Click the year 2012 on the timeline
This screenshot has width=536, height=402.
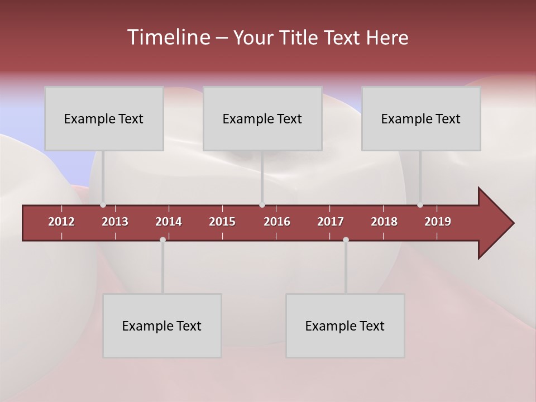61,222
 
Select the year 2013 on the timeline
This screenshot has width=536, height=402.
115,222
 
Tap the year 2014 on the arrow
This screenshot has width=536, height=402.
169,222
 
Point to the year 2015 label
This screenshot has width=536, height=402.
222,222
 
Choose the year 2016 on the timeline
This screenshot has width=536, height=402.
277,222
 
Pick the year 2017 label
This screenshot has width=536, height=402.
331,222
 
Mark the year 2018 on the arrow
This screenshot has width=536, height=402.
384,222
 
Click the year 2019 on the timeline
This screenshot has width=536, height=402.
438,222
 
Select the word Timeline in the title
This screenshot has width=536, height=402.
168,37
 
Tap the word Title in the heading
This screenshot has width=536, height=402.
299,38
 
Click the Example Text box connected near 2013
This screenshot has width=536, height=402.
104,118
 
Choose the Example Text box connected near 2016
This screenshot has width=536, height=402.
262,118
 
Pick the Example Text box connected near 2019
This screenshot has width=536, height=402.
421,118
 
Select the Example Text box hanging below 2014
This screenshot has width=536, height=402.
162,326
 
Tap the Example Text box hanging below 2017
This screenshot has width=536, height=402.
345,326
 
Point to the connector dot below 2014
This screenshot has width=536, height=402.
162,240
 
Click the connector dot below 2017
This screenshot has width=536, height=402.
346,240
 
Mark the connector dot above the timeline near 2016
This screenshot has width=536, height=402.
262,205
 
